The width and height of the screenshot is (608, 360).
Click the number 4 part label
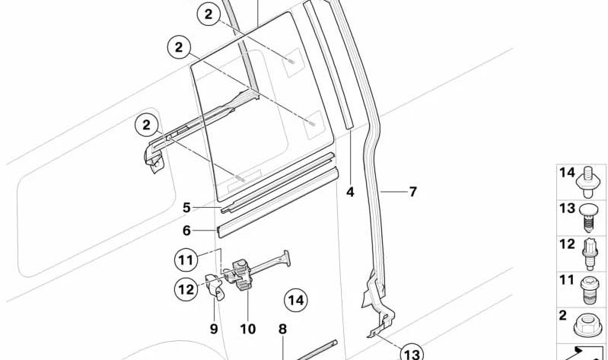(350, 192)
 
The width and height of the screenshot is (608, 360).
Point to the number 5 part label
(186, 206)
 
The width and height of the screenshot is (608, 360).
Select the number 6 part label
(186, 228)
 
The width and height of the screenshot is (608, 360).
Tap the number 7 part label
(412, 192)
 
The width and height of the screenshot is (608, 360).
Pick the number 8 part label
(282, 329)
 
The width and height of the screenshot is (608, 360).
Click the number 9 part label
(214, 329)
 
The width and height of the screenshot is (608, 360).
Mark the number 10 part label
(248, 329)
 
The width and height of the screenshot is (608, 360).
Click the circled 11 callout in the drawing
(186, 260)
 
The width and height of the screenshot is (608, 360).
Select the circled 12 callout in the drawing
(186, 288)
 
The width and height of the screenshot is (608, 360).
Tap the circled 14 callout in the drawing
(295, 301)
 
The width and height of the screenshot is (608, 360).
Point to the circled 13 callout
(411, 353)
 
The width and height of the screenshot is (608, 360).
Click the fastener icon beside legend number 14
(590, 177)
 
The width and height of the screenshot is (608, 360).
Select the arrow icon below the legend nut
(589, 352)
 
